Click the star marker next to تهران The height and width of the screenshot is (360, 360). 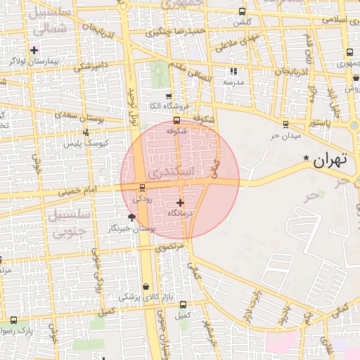coord(305,158)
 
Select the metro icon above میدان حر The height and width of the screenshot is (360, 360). coord(286,124)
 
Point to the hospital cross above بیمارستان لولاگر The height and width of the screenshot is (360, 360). coord(34,49)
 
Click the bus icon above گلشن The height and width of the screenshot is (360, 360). coord(242,11)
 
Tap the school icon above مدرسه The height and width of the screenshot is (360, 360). coord(233,71)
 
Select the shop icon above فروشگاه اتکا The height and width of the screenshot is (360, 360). coord(168,96)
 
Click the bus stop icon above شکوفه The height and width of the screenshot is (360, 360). coord(176,120)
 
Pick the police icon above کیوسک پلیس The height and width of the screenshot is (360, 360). coord(86,132)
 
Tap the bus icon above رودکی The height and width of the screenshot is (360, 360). coord(143,188)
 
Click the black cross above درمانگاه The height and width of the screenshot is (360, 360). coord(180,202)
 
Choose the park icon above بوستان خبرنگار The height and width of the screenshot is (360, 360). coord(132,217)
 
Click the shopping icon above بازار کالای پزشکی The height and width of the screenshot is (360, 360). coord(146,287)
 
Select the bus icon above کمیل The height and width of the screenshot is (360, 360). coord(183,304)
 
